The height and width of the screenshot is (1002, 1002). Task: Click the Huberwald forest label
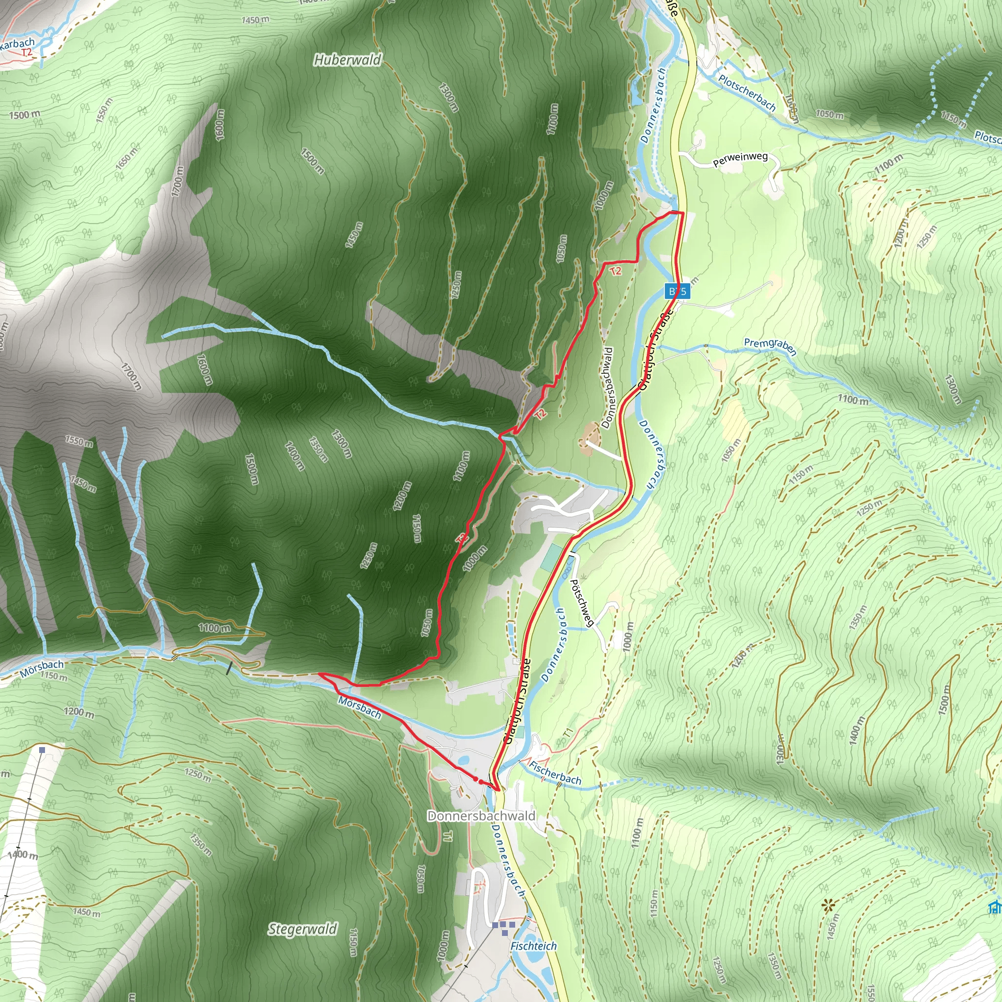click(x=347, y=60)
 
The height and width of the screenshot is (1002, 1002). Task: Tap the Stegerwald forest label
click(x=302, y=929)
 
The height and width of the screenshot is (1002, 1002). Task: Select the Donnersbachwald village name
click(x=481, y=816)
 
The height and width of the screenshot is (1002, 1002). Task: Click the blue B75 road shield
click(x=677, y=291)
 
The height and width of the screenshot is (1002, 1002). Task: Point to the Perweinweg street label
click(x=740, y=159)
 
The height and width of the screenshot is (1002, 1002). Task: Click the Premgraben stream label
click(x=770, y=346)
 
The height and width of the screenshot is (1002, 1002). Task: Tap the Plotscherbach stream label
click(x=747, y=93)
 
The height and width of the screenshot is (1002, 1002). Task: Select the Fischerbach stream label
click(x=554, y=773)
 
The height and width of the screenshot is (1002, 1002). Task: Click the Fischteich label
click(x=533, y=946)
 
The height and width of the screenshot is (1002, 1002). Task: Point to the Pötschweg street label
click(x=581, y=603)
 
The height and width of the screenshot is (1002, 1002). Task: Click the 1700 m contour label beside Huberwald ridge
click(x=178, y=181)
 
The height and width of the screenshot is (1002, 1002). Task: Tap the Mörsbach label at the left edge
click(x=42, y=668)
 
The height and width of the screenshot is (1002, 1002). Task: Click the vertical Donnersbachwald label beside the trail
click(x=607, y=388)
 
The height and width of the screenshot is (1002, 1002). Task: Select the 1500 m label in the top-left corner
click(x=24, y=114)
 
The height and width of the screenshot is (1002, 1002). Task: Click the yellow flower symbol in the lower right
click(x=828, y=906)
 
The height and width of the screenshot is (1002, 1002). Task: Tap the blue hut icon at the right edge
click(x=995, y=908)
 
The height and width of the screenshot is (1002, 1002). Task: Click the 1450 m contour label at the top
click(x=255, y=20)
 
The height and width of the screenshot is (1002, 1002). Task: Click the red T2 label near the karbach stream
click(x=26, y=52)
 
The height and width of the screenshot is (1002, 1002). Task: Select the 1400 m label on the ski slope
click(x=23, y=854)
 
